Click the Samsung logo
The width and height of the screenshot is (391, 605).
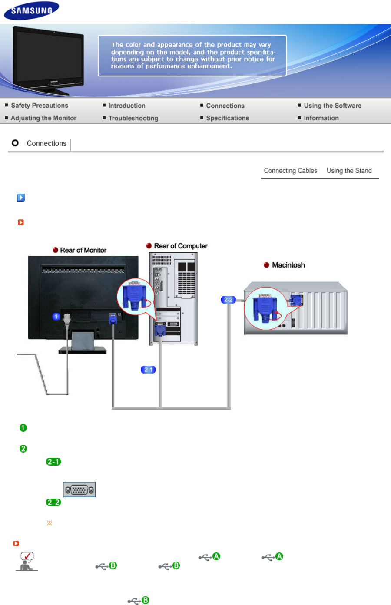pyautogui.click(x=31, y=11)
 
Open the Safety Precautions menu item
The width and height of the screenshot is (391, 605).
pyautogui.click(x=40, y=106)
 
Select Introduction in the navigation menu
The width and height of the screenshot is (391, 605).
pyautogui.click(x=127, y=106)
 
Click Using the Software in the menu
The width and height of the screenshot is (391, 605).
pyautogui.click(x=332, y=106)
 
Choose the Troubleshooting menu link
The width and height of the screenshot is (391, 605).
pyautogui.click(x=133, y=118)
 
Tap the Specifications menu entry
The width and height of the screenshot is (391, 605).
pyautogui.click(x=227, y=118)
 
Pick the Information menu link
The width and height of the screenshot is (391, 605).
pyautogui.click(x=321, y=118)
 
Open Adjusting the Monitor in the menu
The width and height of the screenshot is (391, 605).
pyautogui.click(x=43, y=118)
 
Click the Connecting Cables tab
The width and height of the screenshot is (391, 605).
pyautogui.click(x=290, y=171)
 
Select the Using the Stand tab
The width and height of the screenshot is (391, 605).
pyautogui.click(x=349, y=171)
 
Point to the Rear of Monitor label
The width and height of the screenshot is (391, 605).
pyautogui.click(x=83, y=250)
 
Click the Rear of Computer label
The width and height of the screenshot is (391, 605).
pyautogui.click(x=180, y=246)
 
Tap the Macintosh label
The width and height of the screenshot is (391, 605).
pyautogui.click(x=288, y=265)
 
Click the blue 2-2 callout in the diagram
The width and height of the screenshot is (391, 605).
pyautogui.click(x=228, y=300)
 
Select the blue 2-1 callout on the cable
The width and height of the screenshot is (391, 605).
pyautogui.click(x=148, y=370)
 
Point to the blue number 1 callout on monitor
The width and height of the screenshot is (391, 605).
pyautogui.click(x=56, y=317)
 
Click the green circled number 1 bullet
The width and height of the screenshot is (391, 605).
pyautogui.click(x=23, y=428)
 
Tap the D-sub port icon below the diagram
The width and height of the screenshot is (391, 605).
pyautogui.click(x=79, y=490)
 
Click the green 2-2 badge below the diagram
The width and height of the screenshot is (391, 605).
pyautogui.click(x=54, y=503)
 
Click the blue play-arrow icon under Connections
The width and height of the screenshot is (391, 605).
pyautogui.click(x=21, y=198)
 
